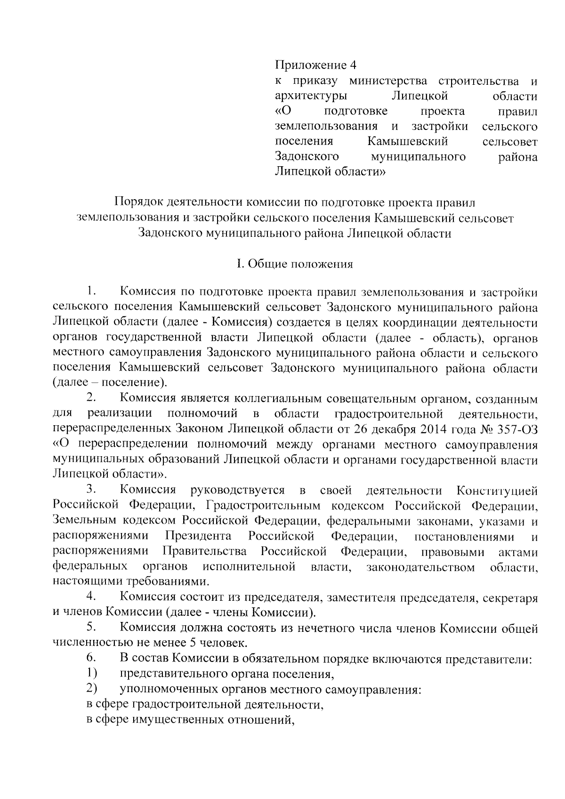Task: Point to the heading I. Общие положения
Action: click(x=295, y=264)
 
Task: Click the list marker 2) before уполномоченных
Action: click(x=92, y=689)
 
